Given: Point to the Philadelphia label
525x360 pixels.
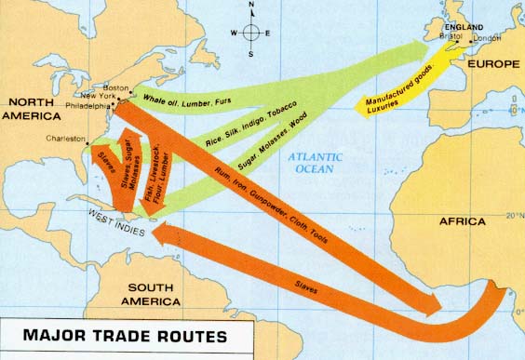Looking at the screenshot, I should tap(86, 106).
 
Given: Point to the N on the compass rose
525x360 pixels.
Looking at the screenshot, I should tap(249, 6).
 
